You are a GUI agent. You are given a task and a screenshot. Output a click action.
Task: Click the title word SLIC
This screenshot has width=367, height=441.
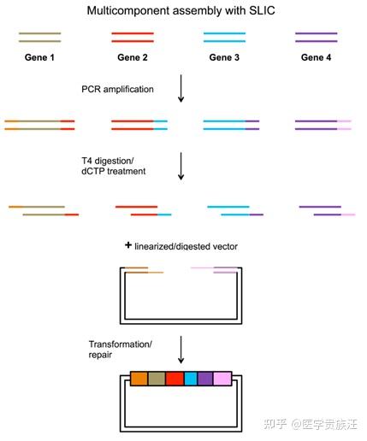tap(262, 11)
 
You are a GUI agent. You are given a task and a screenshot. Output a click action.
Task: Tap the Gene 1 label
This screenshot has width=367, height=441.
tap(39, 57)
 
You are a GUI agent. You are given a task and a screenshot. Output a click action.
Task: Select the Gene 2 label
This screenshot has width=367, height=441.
tap(133, 57)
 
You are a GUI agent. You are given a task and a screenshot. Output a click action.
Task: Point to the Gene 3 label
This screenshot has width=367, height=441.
tap(224, 57)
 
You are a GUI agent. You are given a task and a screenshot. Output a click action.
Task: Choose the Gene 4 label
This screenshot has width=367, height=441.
tap(316, 57)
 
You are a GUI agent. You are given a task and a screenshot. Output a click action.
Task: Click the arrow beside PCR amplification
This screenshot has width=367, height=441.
tap(181, 89)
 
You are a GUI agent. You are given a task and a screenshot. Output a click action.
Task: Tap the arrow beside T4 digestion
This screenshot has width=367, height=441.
tap(181, 166)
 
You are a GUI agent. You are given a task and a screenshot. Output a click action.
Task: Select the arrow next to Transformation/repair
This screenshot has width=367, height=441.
tap(181, 350)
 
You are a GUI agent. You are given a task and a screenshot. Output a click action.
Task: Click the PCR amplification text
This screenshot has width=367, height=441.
tap(117, 90)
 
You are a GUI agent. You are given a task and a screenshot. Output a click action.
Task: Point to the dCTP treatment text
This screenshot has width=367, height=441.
tap(114, 171)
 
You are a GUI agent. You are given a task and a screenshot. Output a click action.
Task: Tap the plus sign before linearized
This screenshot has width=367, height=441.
tap(128, 245)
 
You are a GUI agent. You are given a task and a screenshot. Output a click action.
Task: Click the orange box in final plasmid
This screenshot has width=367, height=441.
tap(139, 379)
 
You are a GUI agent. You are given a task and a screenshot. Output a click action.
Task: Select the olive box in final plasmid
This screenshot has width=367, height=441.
tap(157, 379)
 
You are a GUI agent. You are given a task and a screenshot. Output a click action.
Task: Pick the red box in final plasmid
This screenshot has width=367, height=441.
tap(175, 379)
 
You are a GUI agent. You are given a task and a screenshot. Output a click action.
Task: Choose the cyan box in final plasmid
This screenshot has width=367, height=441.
tap(191, 379)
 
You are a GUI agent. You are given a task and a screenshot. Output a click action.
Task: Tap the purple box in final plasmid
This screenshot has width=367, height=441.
tap(205, 379)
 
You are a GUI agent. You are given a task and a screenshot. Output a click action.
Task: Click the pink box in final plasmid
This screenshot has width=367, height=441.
tap(222, 379)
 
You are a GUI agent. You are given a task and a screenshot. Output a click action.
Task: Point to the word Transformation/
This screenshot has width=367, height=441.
tap(121, 344)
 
